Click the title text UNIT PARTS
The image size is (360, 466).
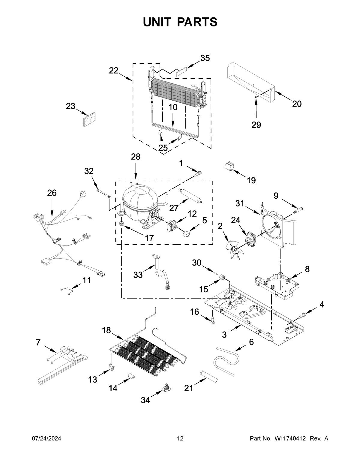(x=180, y=22)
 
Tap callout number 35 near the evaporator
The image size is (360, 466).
(x=205, y=58)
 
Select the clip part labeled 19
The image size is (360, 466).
(x=229, y=167)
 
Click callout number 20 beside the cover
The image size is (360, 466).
(x=297, y=104)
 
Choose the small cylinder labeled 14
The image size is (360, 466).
(x=130, y=377)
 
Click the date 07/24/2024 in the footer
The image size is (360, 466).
(x=46, y=439)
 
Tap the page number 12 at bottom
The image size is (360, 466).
(x=180, y=439)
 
